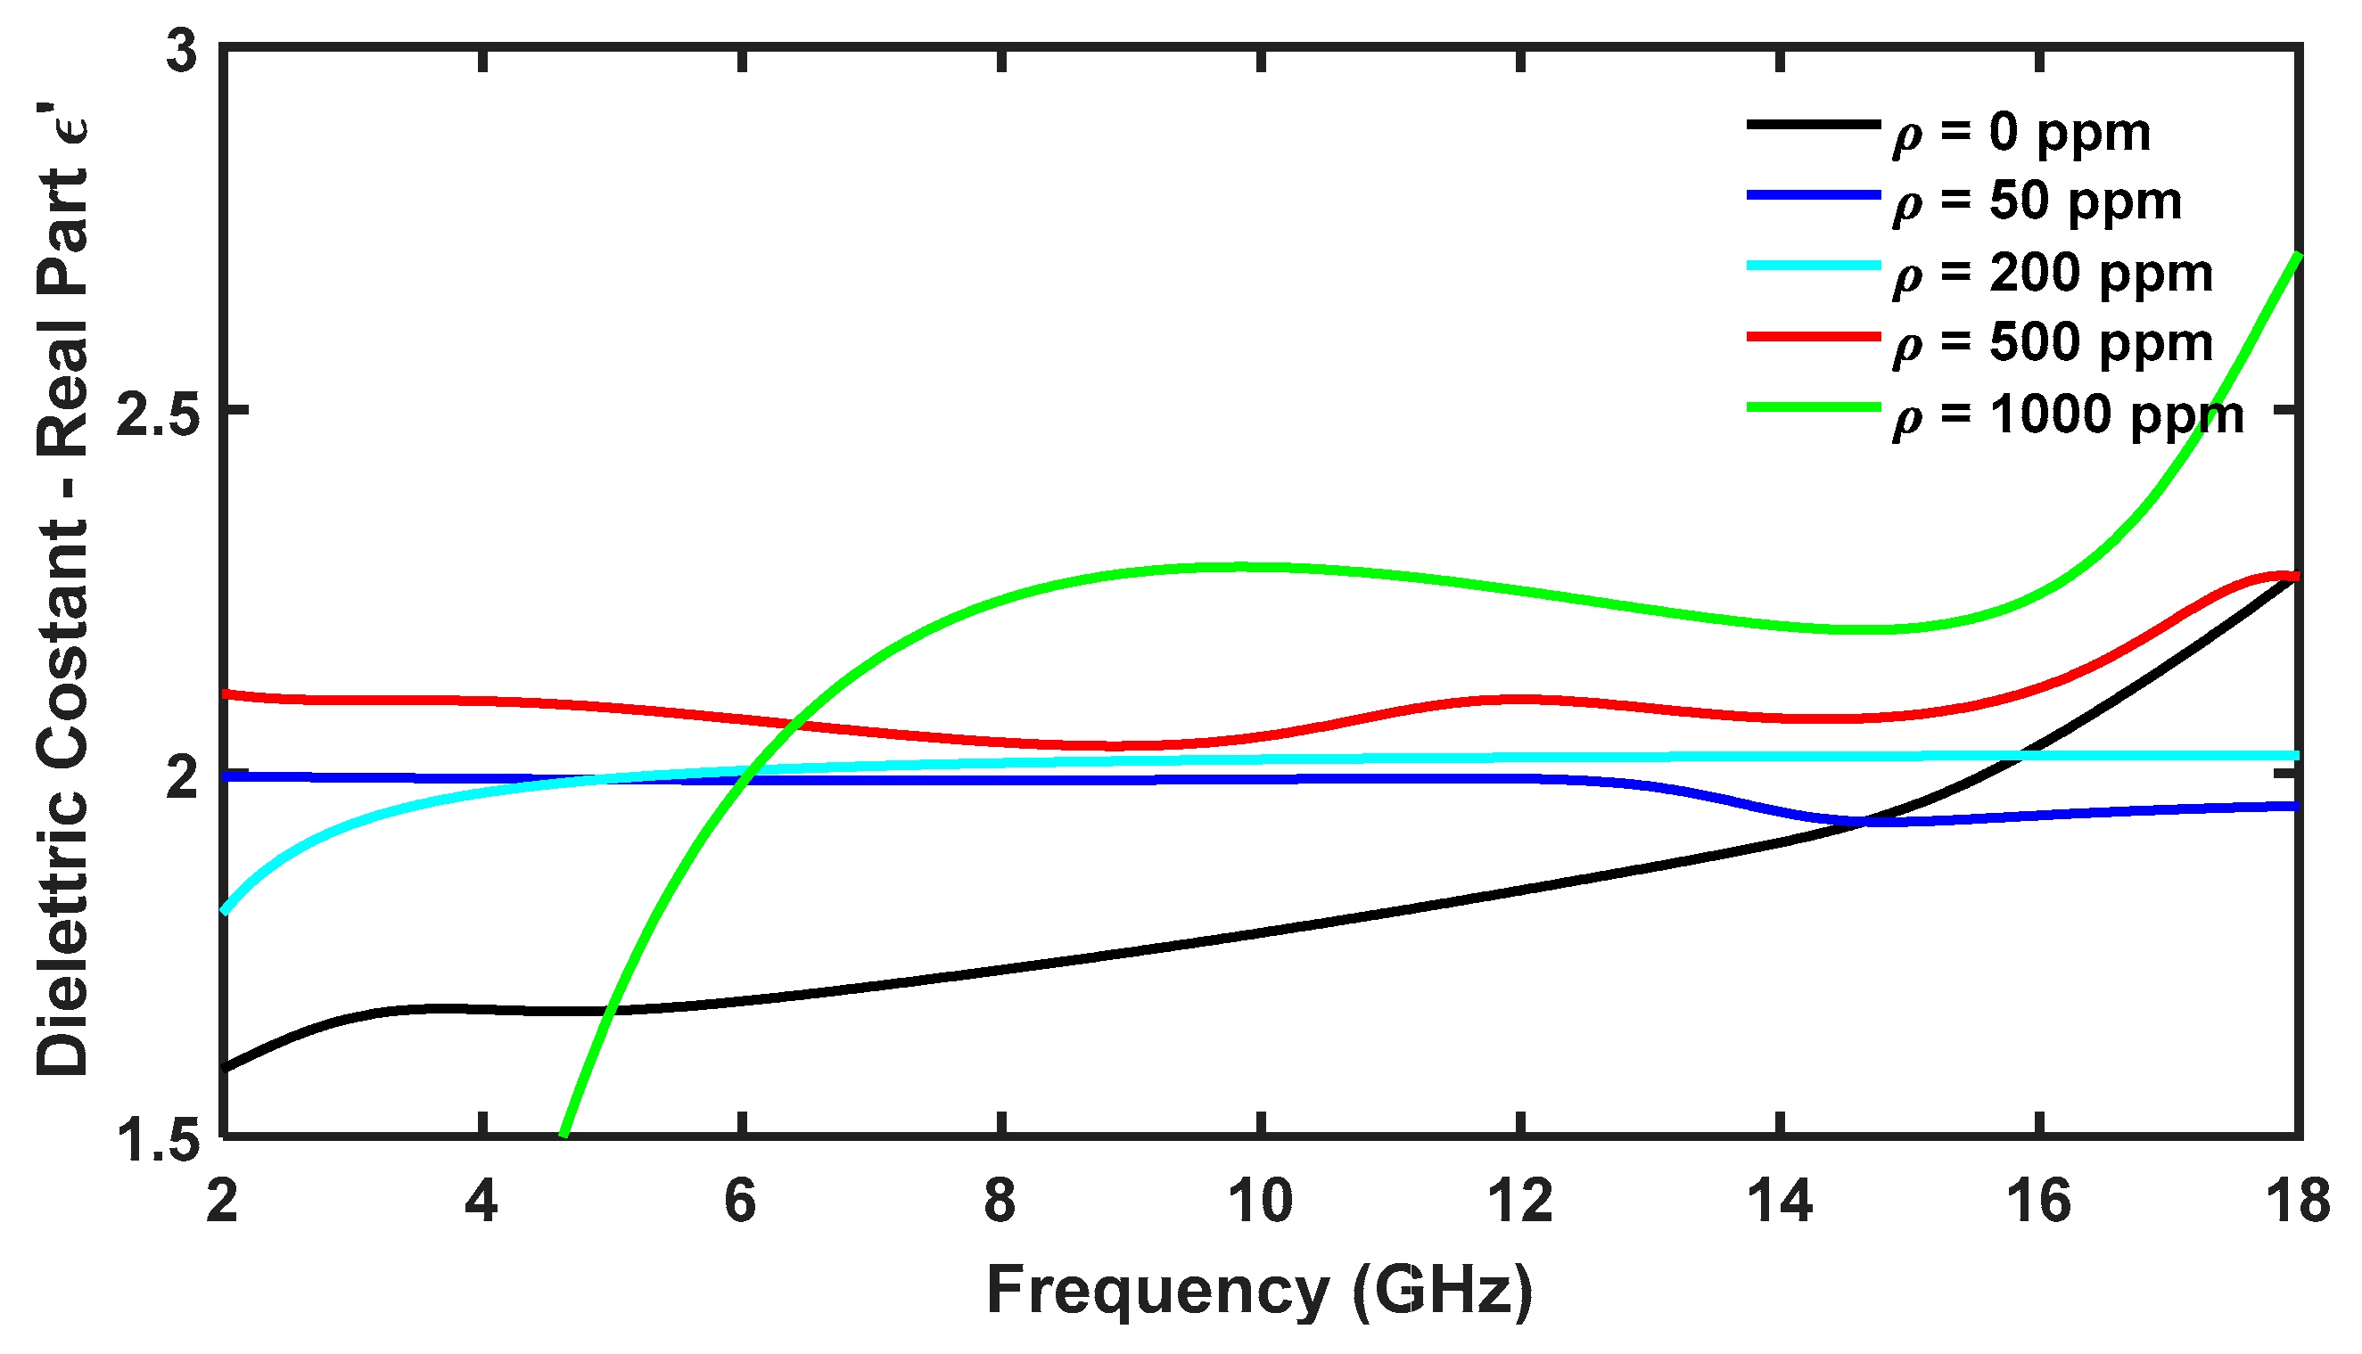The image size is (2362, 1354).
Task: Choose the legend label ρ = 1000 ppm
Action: [x=2068, y=415]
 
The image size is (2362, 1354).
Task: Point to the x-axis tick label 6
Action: [x=741, y=1202]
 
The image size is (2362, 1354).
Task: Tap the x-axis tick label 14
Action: [x=1780, y=1202]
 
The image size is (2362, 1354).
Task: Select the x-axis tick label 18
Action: [x=2297, y=1202]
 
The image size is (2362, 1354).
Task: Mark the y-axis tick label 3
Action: [x=183, y=52]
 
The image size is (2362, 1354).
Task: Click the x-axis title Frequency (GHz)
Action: [x=1260, y=1292]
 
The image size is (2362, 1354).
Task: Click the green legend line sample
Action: [x=1814, y=407]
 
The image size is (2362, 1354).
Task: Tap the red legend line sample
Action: [x=1814, y=337]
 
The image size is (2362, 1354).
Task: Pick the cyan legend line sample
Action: [x=1814, y=266]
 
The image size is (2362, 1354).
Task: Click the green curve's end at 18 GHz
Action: [x=2297, y=255]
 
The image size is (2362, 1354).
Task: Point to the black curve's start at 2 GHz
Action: [x=226, y=1068]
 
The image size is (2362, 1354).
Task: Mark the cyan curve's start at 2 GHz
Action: [x=226, y=910]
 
